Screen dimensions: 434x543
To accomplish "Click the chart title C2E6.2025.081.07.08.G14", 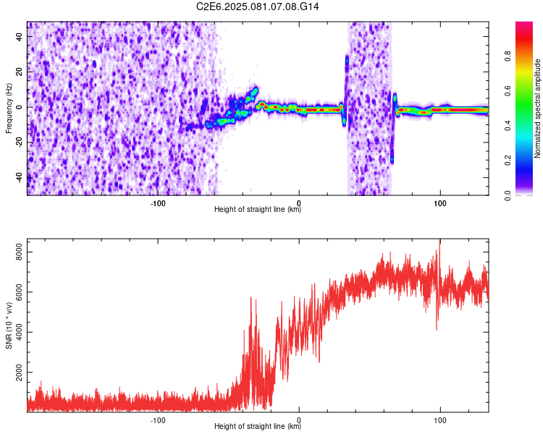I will pyautogui.click(x=258, y=7).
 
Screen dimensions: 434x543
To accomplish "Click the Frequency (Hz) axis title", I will pyautogui.click(x=9, y=108).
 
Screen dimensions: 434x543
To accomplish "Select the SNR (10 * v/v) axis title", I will pyautogui.click(x=9, y=325).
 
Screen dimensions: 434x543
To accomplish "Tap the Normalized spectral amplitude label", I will pyautogui.click(x=538, y=109).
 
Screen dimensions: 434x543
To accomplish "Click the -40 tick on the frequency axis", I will pyautogui.click(x=18, y=176).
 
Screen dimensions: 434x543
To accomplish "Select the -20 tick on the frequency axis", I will pyautogui.click(x=18, y=142).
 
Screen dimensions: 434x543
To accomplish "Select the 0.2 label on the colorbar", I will pyautogui.click(x=508, y=161).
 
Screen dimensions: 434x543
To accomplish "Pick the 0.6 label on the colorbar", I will pyautogui.click(x=508, y=91).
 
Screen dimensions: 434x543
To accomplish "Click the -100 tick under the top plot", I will pyautogui.click(x=158, y=203).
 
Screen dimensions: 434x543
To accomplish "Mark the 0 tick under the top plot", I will pyautogui.click(x=299, y=203).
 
